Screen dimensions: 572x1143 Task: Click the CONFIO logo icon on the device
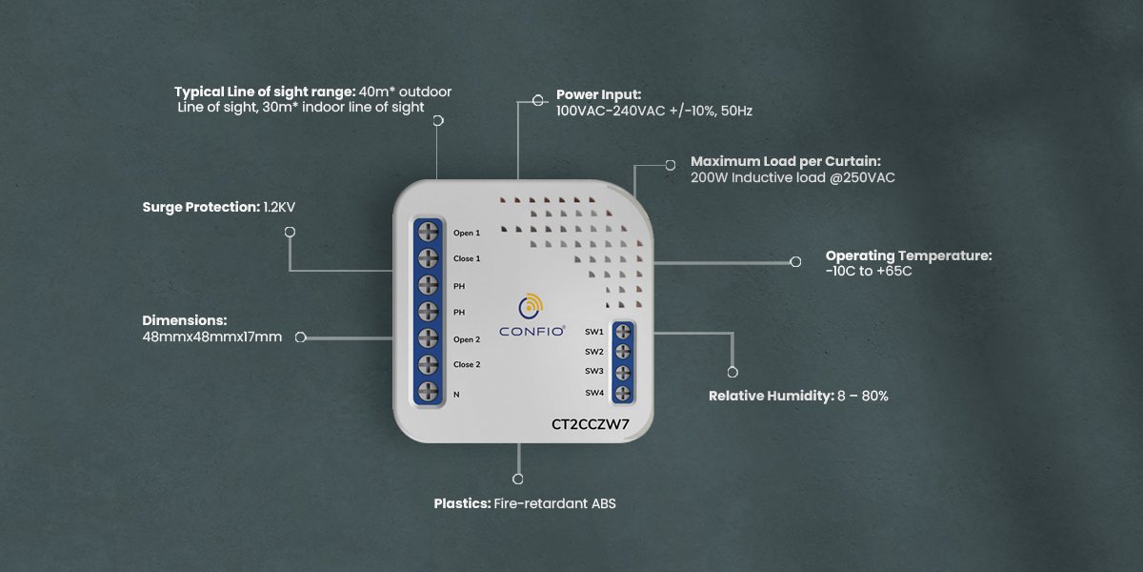(x=530, y=308)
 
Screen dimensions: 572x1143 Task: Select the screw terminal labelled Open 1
(x=427, y=233)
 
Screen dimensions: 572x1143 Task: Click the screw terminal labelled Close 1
(x=427, y=258)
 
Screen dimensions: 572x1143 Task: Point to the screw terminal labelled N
(x=427, y=392)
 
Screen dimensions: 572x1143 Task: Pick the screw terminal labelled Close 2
(x=427, y=364)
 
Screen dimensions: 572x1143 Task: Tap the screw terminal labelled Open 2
(x=427, y=338)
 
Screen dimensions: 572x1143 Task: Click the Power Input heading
(x=598, y=95)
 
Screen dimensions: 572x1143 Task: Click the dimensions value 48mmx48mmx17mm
(x=212, y=337)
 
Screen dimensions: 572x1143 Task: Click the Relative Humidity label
(x=771, y=396)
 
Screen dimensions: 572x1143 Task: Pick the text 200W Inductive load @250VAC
(x=792, y=177)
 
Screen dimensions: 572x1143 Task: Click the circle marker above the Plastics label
(x=518, y=480)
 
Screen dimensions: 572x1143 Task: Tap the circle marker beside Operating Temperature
(x=796, y=261)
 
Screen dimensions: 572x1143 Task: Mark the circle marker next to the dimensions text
(x=301, y=337)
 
